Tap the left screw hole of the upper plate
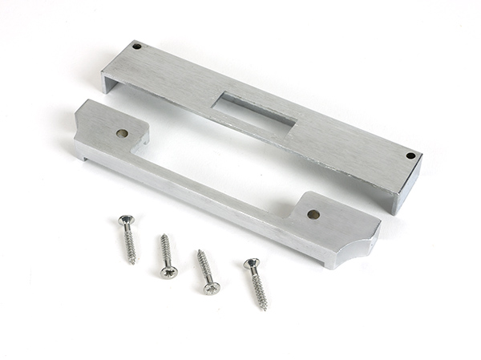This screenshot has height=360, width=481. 136,47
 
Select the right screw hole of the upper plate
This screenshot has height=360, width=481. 410,156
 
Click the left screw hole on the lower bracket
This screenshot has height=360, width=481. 122,133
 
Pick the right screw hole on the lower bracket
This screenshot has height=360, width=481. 313,214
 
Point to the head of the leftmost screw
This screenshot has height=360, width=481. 125,219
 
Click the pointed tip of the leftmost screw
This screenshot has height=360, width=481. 134,262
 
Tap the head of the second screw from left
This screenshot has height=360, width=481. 169,272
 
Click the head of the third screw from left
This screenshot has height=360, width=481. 211,287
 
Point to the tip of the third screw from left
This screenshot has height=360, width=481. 199,252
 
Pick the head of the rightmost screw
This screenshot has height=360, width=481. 252,263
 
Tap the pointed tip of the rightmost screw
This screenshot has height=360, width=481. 265,309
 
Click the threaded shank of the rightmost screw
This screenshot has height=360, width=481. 259,287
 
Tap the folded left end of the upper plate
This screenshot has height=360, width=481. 107,79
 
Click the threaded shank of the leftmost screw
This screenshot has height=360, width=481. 130,243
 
